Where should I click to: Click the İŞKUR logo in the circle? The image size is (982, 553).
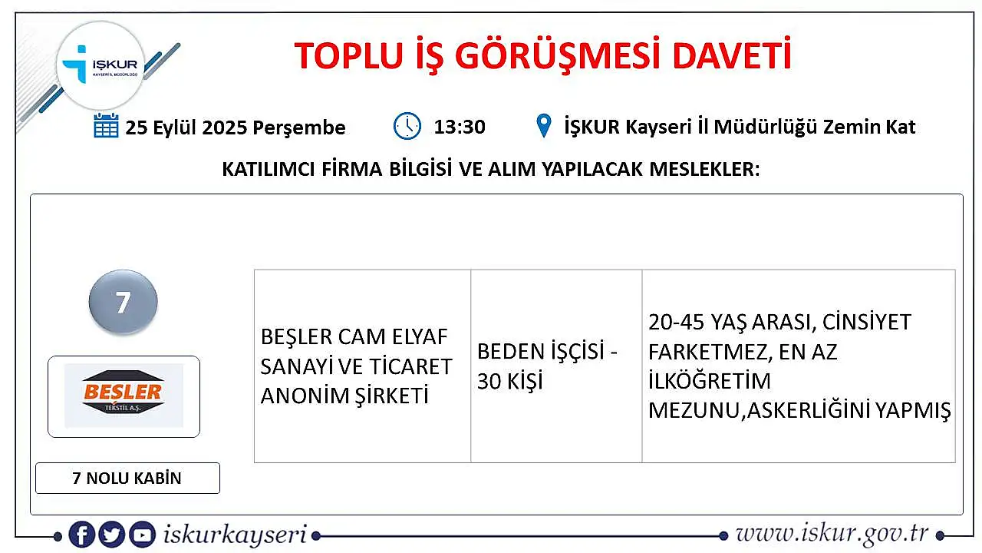click(101, 65)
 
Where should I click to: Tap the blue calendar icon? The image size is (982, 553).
click(106, 125)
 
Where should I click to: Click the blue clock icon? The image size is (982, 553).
click(407, 126)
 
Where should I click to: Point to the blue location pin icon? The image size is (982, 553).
click(544, 125)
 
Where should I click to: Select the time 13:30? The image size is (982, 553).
click(460, 127)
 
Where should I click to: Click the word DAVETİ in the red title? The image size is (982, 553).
click(732, 55)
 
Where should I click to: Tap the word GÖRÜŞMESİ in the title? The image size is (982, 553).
click(557, 56)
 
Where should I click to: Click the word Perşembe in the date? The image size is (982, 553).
click(299, 128)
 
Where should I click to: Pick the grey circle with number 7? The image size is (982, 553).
click(124, 302)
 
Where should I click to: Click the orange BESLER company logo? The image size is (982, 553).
click(124, 396)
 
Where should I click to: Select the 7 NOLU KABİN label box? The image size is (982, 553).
click(127, 478)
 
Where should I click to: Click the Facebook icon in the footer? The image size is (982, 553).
click(82, 535)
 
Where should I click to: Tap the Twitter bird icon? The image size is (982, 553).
click(112, 535)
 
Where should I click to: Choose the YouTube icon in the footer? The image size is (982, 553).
click(142, 535)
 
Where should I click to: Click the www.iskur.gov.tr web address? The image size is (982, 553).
click(832, 534)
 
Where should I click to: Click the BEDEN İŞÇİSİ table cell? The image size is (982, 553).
click(556, 366)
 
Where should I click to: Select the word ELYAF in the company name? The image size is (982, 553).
click(420, 336)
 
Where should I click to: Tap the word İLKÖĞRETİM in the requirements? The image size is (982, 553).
click(709, 381)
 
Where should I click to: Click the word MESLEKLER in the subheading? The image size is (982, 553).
click(704, 169)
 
